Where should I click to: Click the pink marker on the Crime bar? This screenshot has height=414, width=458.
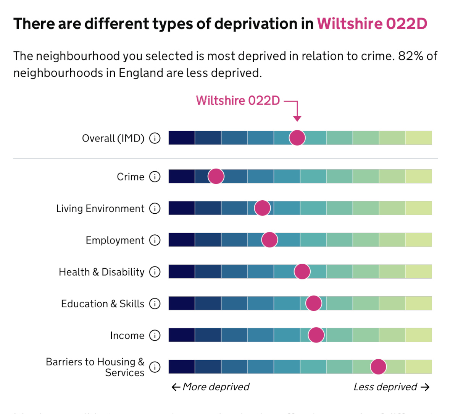(x=216, y=177)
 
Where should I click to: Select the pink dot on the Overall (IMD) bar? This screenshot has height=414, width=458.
(x=297, y=138)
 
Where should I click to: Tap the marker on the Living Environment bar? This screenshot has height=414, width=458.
(x=262, y=208)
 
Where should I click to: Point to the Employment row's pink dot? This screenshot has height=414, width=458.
(x=269, y=240)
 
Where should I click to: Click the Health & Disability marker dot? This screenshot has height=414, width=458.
(x=302, y=272)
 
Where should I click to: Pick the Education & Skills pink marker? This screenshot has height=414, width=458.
(x=314, y=304)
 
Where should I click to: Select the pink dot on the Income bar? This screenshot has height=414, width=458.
(x=316, y=335)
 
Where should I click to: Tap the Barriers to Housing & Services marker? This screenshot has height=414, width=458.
(x=378, y=367)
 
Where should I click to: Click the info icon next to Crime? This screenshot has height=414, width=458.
(x=155, y=177)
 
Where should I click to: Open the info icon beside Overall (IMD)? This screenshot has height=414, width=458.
(x=155, y=138)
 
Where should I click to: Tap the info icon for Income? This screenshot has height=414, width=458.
(x=155, y=335)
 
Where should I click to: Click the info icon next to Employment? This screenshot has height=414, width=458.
(x=155, y=240)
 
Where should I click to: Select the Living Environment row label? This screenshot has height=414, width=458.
(x=100, y=209)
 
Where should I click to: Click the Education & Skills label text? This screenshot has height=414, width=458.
(x=103, y=304)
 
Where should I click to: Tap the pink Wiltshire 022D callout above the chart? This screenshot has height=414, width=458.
(x=238, y=101)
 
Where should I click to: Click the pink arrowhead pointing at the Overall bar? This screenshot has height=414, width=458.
(x=297, y=119)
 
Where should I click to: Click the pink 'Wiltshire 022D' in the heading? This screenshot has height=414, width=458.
(x=372, y=24)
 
